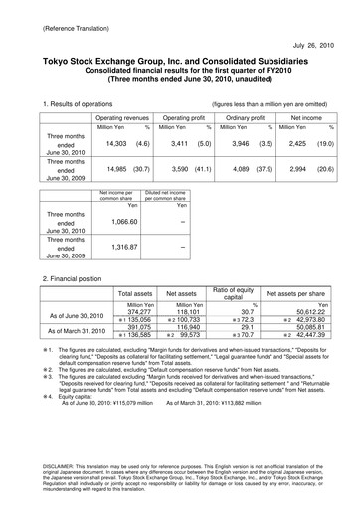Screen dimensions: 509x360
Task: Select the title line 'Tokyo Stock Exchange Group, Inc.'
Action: (x=178, y=61)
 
